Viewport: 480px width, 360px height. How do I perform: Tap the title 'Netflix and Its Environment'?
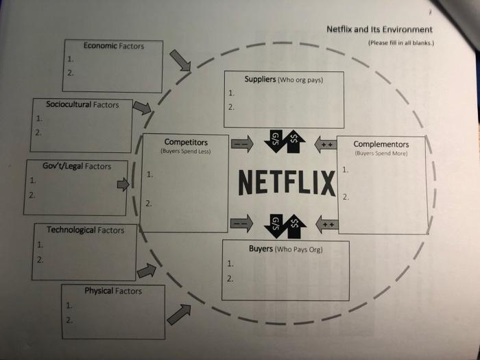pos(379,29)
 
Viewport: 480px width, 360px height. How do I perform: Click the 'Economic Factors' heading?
pos(114,45)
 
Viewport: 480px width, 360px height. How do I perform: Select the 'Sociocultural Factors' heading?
pos(82,104)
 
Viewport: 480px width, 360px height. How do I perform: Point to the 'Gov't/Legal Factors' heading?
pos(76,166)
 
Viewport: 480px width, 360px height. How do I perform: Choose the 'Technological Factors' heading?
pos(85,230)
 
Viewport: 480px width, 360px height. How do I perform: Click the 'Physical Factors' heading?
pos(113,291)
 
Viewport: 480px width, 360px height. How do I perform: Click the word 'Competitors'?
pos(186,142)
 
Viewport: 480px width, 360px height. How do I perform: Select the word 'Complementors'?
pos(381,144)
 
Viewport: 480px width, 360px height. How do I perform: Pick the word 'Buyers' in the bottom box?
pos(261,249)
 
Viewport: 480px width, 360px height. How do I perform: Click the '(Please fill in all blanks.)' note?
pos(400,43)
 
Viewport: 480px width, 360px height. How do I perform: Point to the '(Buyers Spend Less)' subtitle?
pos(186,150)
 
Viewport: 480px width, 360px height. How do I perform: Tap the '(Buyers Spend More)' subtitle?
pos(381,153)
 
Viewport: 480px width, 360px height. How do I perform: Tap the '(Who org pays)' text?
pos(300,80)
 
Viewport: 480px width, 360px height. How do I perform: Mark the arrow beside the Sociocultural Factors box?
pos(142,107)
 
